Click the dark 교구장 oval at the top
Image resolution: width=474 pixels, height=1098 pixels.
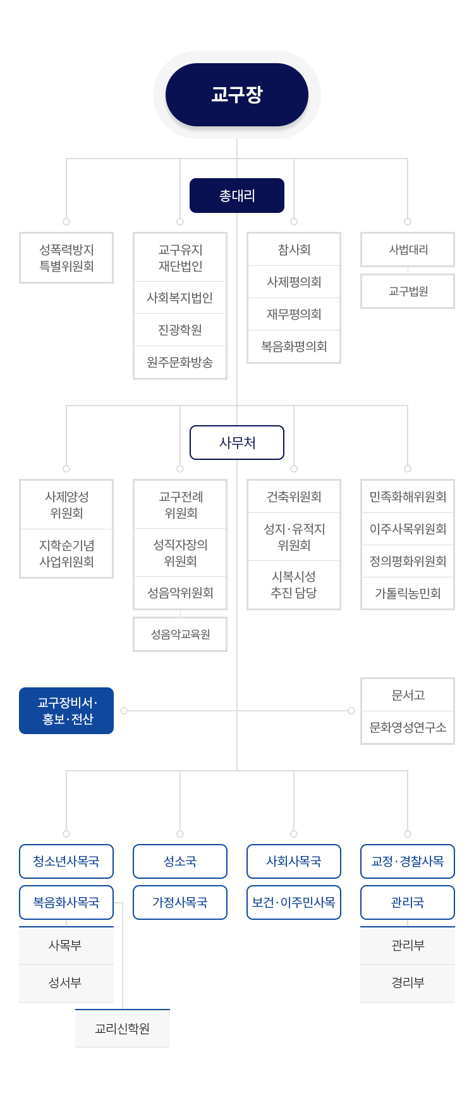tap(237, 95)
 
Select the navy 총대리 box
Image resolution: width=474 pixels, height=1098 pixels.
tap(237, 196)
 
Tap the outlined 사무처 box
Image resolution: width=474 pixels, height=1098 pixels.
tap(237, 443)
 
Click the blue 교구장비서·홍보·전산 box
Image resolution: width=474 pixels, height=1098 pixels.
tap(66, 711)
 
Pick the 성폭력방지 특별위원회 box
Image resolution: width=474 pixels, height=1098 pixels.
tap(66, 258)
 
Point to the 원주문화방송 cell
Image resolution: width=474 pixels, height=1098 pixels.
tap(180, 362)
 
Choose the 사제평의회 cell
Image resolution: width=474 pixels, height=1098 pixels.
tap(294, 282)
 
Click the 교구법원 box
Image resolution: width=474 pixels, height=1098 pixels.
tap(408, 291)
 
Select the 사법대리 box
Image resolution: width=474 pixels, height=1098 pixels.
tap(408, 250)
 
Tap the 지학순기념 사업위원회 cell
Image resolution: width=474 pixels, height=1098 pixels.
tap(66, 553)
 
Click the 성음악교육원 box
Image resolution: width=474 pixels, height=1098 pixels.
tap(180, 634)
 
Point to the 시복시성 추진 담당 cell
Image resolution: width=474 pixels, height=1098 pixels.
tap(294, 585)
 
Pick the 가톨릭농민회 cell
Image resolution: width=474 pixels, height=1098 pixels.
tap(408, 593)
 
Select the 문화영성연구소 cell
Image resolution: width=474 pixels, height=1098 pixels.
tap(408, 727)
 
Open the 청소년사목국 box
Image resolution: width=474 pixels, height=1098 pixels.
tap(66, 861)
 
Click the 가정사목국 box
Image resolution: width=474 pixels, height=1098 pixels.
tap(180, 902)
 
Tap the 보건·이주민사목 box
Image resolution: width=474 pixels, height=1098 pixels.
tap(294, 902)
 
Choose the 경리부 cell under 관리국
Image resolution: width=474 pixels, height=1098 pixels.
tap(408, 983)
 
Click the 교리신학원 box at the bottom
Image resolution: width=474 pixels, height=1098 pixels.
tap(123, 1029)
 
